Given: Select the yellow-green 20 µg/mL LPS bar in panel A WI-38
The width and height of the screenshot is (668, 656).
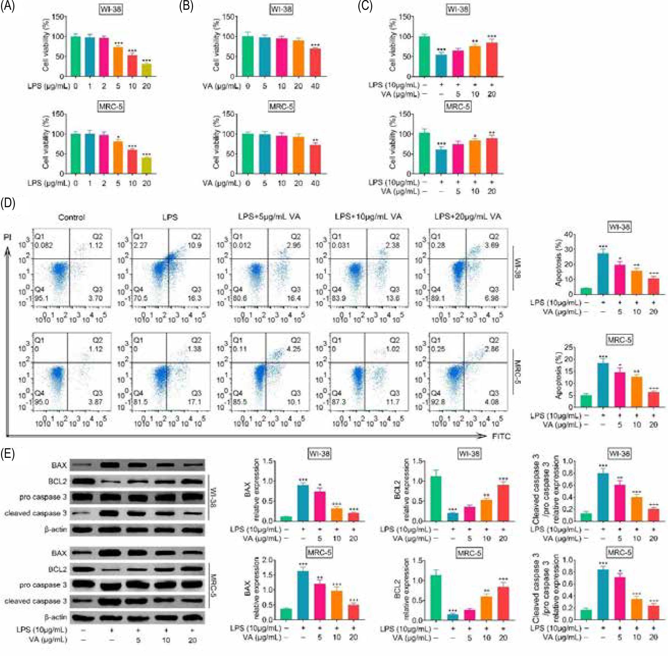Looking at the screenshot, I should coord(147,70).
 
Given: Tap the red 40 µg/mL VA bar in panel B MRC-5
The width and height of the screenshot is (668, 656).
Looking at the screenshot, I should coord(315,159).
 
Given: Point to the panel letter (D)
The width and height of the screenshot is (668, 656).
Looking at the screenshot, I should coord(7,203).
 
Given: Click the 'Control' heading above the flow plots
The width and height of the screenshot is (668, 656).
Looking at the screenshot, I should coord(71,217).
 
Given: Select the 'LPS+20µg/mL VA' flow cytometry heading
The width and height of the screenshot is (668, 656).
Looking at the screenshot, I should coord(467,217).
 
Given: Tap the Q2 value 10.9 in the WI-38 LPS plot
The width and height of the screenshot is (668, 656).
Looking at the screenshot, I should coord(197,245).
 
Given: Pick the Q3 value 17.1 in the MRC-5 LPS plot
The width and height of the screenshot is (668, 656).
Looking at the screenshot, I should coord(195,402).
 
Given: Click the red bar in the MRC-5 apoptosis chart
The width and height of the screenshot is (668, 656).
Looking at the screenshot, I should coord(653,399).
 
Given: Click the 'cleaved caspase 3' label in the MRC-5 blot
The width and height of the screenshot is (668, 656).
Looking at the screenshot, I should coord(35,601).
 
